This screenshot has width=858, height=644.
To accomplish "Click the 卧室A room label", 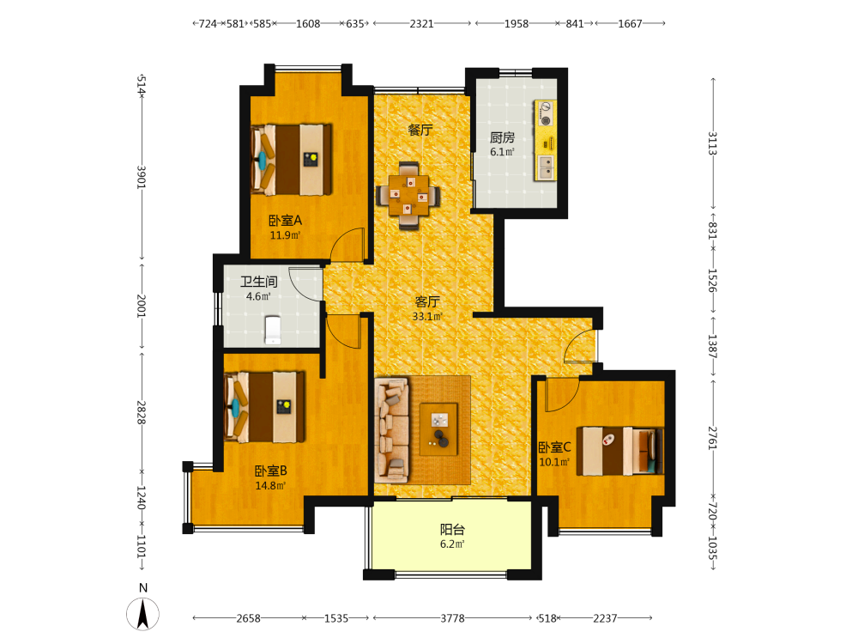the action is pyautogui.click(x=285, y=221).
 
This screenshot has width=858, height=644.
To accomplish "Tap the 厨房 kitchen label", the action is pyautogui.click(x=502, y=137).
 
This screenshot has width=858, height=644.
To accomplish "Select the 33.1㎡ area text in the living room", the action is pyautogui.click(x=427, y=317).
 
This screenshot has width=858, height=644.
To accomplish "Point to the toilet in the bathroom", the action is pyautogui.click(x=273, y=331).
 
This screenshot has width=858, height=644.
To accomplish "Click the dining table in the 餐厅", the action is pyautogui.click(x=408, y=196).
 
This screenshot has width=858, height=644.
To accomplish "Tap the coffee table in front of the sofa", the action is pyautogui.click(x=438, y=428).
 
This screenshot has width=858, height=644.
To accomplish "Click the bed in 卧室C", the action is pyautogui.click(x=620, y=451).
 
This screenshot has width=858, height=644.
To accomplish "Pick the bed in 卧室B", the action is pyautogui.click(x=265, y=407).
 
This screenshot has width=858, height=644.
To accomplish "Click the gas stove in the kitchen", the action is pyautogui.click(x=545, y=112).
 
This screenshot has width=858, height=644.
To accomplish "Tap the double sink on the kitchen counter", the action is pyautogui.click(x=546, y=167).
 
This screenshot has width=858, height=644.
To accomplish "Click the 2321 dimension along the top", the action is pyautogui.click(x=421, y=23).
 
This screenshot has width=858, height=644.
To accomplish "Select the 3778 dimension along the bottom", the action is pyautogui.click(x=452, y=618).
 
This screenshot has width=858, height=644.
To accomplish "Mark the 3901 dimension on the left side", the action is pyautogui.click(x=142, y=177).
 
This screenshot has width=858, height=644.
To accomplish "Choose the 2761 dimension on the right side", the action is pyautogui.click(x=712, y=438).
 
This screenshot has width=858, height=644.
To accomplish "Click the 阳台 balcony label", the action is pyautogui.click(x=452, y=530).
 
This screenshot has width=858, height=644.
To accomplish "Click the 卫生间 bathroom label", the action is pyautogui.click(x=259, y=282).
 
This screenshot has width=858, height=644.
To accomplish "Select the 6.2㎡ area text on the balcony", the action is pyautogui.click(x=452, y=544).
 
